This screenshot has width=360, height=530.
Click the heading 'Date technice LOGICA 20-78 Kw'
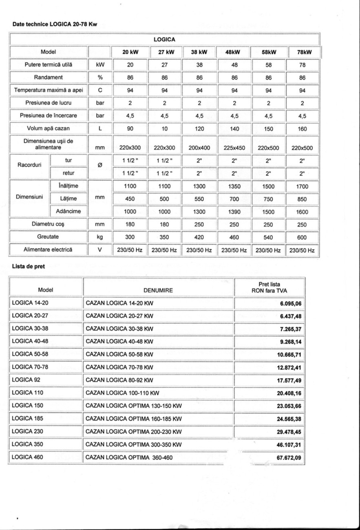(x=52, y=24)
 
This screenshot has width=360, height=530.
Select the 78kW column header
(x=304, y=52)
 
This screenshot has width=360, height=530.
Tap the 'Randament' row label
(x=48, y=77)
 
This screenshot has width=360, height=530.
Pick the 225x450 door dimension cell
(x=234, y=148)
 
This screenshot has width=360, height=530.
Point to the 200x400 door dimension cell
(x=199, y=148)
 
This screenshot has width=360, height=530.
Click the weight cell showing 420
(x=199, y=237)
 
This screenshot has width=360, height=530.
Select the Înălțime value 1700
(x=302, y=187)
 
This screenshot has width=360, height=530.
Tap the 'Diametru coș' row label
(x=48, y=224)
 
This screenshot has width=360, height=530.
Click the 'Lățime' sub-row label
(x=68, y=199)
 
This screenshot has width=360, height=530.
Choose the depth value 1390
(x=234, y=212)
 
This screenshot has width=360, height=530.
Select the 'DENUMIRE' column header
(x=158, y=291)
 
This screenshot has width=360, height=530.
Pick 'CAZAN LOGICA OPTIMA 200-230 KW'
(x=134, y=432)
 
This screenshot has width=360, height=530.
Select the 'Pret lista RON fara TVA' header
(x=269, y=287)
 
